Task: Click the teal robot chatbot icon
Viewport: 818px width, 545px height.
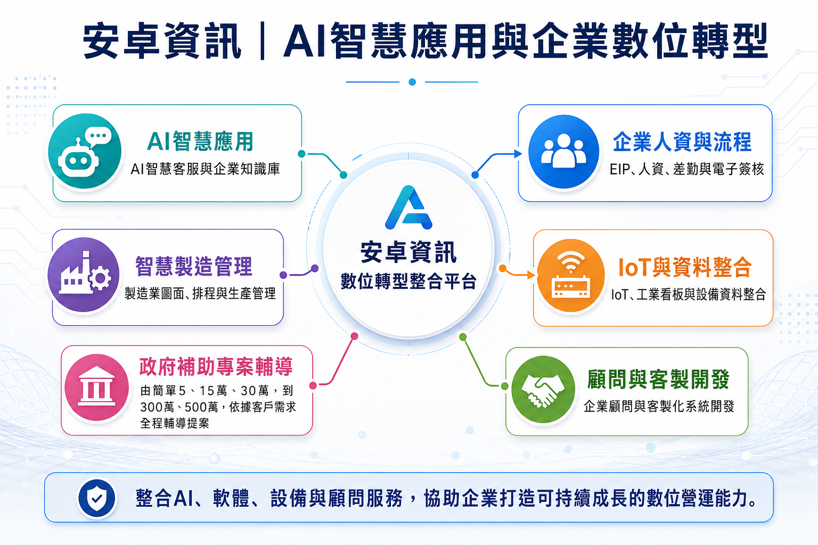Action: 85,151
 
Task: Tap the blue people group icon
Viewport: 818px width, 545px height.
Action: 563,152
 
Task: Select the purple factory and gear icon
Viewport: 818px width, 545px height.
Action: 84,275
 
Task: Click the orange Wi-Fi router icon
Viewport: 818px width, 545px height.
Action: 571,275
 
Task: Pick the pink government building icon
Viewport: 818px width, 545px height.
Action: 97,387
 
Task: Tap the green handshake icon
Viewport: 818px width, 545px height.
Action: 543,390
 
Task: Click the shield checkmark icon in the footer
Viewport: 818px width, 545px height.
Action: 97,498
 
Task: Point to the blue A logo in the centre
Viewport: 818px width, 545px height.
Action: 408,208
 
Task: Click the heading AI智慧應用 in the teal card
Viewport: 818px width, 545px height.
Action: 200,141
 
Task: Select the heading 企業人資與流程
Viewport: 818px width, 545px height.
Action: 682,142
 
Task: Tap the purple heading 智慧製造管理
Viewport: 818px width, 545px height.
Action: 193,266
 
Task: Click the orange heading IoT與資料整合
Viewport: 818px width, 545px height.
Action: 685,267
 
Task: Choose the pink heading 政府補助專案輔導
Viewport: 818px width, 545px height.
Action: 216,367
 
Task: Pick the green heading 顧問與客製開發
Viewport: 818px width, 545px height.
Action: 658,379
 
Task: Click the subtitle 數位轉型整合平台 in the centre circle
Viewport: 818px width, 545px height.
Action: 408,281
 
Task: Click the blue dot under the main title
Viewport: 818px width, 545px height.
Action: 412,82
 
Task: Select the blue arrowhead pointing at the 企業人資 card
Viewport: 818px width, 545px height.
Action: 518,154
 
